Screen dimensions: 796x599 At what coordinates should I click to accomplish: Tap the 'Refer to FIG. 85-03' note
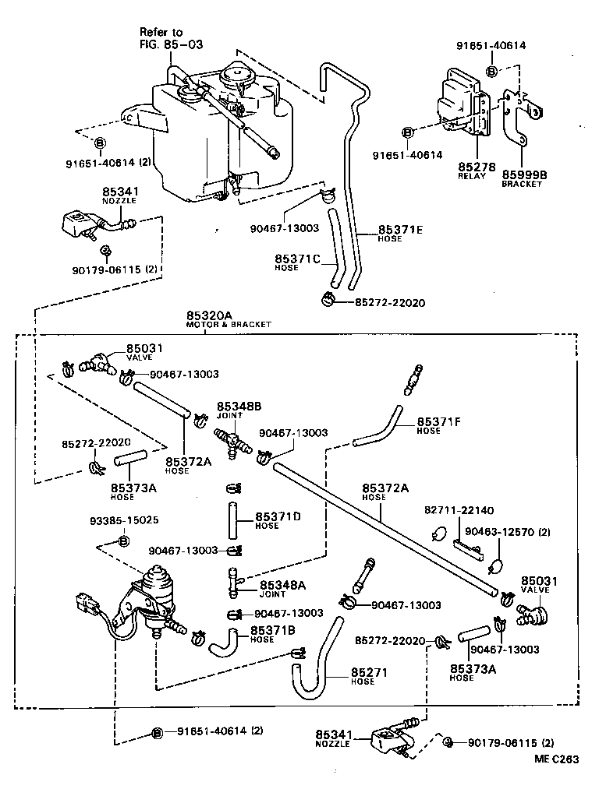coord(162,37)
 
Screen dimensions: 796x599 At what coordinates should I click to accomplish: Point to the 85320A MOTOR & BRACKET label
coord(228,319)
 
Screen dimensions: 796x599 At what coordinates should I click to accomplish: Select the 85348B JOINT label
coord(239,410)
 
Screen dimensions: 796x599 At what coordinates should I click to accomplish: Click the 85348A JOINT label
coord(282,588)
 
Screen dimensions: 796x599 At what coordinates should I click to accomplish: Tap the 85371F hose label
coord(439,424)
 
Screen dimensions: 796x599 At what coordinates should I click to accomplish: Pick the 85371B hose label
coord(272,633)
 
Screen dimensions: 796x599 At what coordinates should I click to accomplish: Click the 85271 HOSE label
coord(369,675)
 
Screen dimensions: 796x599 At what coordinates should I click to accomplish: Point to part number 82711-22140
coord(459,511)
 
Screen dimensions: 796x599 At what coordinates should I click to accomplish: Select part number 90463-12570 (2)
coord(507,532)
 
